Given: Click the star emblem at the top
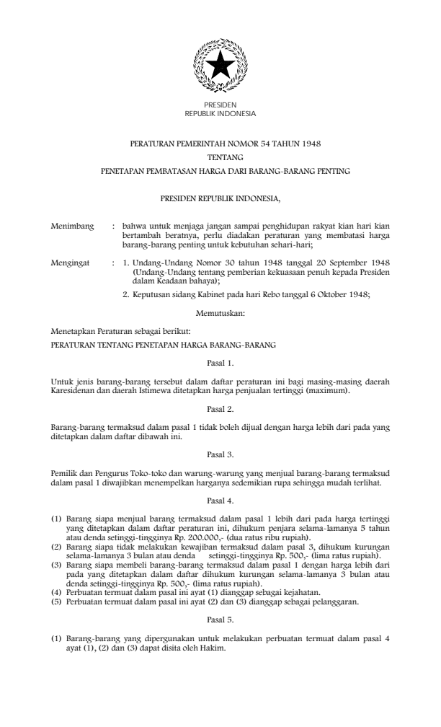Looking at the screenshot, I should [x=220, y=66].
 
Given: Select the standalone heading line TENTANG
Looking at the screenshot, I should [x=220, y=158].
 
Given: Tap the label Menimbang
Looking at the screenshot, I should [x=72, y=226].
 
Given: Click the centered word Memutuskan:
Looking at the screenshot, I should [x=220, y=313].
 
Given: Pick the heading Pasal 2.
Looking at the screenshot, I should [x=220, y=407].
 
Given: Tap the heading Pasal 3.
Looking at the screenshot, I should [x=220, y=454].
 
